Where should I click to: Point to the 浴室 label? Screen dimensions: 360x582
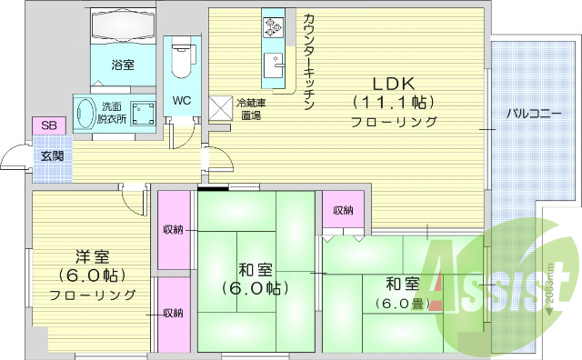pos(123,65)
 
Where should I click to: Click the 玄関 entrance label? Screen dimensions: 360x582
pos(50,155)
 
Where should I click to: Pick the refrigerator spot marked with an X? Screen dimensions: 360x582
pos(221,108)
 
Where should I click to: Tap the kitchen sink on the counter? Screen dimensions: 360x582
pos(273,66)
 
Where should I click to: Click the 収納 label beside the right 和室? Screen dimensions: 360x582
pos(342,211)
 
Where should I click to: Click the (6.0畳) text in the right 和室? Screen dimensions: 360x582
pos(402,304)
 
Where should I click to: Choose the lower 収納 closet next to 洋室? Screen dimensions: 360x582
pos(172,313)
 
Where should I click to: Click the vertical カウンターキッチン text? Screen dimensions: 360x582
pos(309,60)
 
